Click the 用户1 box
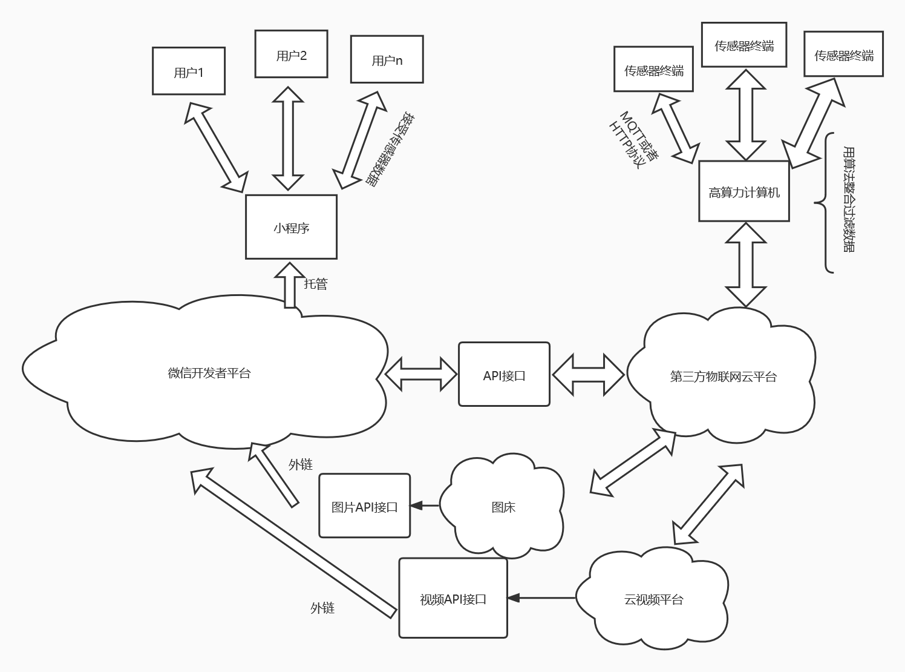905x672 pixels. click(x=189, y=71)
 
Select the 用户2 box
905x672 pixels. click(x=291, y=54)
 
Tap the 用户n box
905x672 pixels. click(x=387, y=59)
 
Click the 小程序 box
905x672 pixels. click(x=291, y=227)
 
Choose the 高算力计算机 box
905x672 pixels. click(x=743, y=191)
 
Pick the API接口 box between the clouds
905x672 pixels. click(x=504, y=374)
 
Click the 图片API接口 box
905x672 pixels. click(x=364, y=506)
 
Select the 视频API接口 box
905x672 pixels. click(x=452, y=598)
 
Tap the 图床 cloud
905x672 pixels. click(x=503, y=507)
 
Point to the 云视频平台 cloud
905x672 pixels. click(x=653, y=599)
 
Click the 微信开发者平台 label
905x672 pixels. click(x=209, y=373)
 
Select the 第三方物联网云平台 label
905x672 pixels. click(x=723, y=377)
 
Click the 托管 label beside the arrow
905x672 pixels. click(x=315, y=283)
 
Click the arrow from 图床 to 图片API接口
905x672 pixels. click(x=425, y=506)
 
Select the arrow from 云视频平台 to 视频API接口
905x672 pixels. click(x=541, y=598)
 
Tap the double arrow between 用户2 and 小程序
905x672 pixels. click(x=288, y=138)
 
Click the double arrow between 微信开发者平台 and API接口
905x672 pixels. click(x=421, y=374)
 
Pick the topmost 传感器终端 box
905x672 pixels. click(x=743, y=45)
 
